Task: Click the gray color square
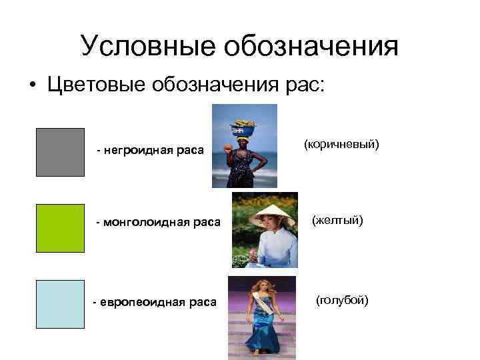click(60, 152)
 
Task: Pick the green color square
click(60, 228)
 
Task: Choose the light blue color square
click(60, 304)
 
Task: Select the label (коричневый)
click(341, 144)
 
